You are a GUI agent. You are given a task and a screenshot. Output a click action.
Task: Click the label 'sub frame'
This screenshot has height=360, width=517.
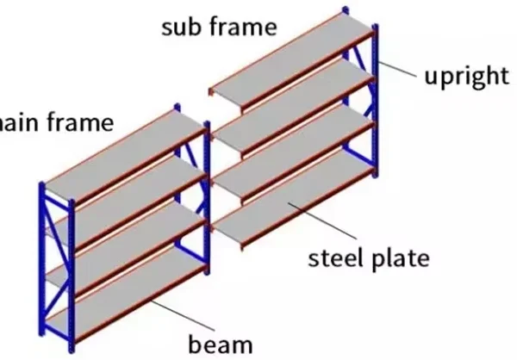[x=220, y=26]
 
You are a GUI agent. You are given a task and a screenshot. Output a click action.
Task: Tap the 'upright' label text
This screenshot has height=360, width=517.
[x=465, y=75]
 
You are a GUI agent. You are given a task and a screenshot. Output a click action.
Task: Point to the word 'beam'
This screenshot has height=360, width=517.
[x=221, y=344]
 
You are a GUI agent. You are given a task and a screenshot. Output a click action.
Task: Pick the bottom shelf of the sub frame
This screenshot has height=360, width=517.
[x=293, y=194]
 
